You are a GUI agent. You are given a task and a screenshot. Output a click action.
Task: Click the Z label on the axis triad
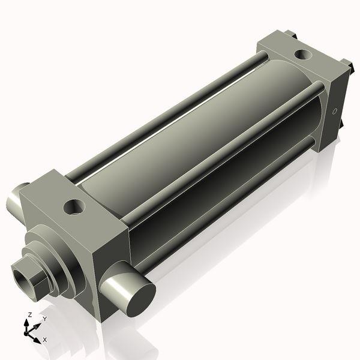(x=30, y=314)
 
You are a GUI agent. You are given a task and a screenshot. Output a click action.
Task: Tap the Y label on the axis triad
(x=44, y=319)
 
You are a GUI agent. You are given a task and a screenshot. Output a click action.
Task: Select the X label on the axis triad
(x=44, y=340)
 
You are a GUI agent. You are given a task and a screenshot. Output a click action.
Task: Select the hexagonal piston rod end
(x=30, y=278)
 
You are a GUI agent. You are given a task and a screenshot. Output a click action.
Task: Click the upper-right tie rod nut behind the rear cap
(x=346, y=64)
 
